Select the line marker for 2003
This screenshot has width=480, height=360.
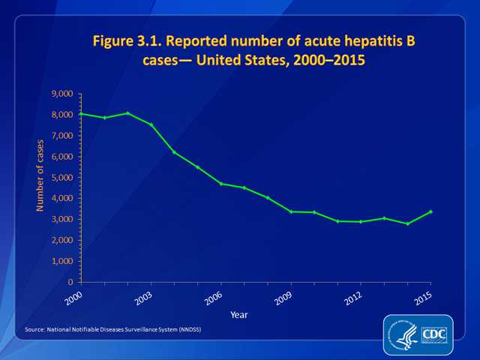(151, 124)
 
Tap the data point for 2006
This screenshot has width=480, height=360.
(221, 184)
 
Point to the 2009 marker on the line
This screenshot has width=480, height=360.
(291, 211)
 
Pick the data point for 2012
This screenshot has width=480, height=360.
(361, 222)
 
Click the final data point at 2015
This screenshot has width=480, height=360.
(430, 211)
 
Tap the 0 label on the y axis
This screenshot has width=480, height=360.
(70, 282)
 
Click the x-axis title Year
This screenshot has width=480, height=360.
(239, 313)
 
